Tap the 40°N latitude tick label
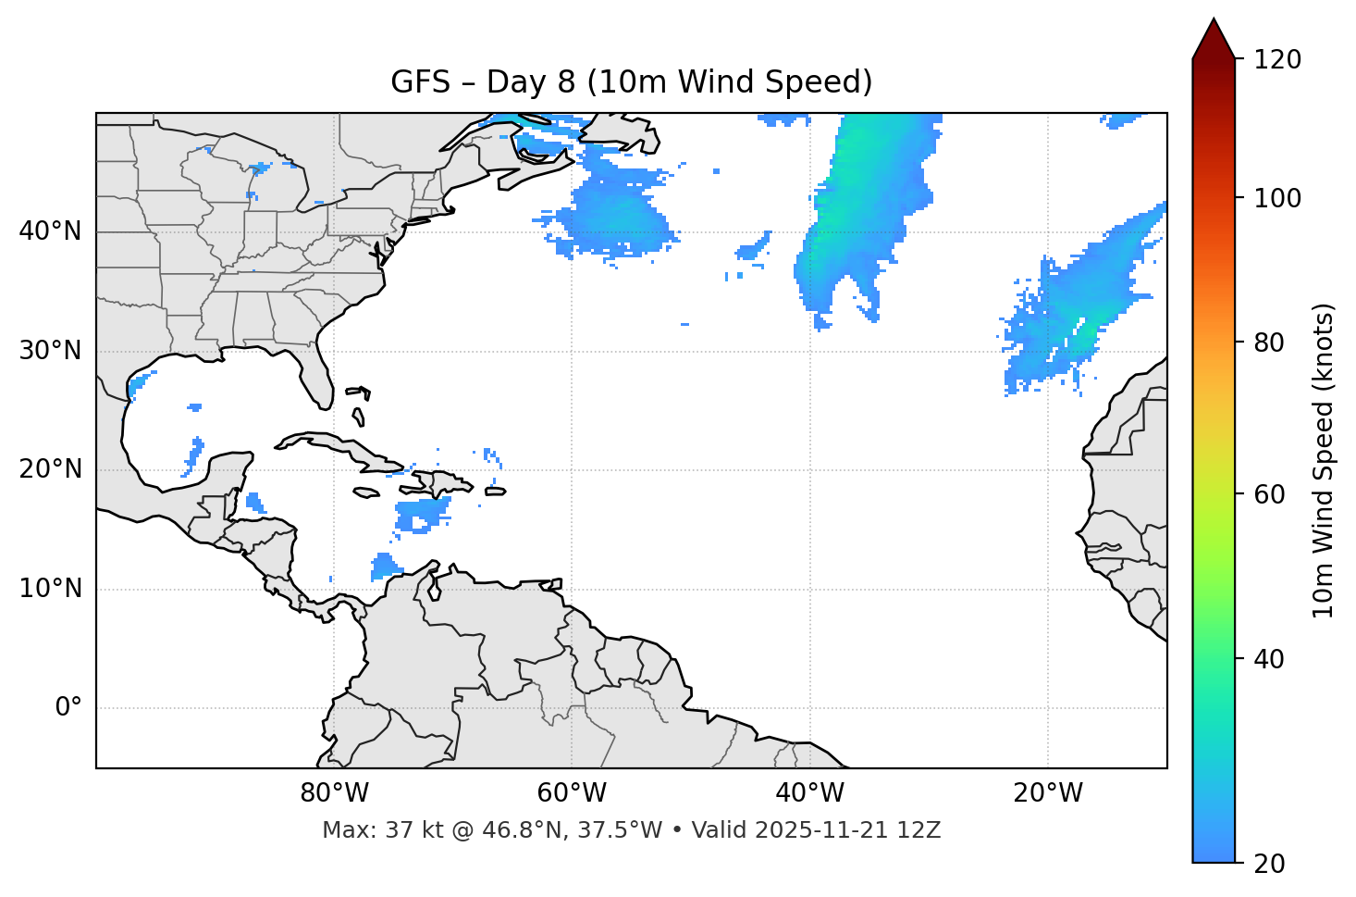click(x=50, y=231)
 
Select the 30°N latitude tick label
click(x=50, y=351)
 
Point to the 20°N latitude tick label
click(x=50, y=469)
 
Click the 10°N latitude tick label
click(x=50, y=589)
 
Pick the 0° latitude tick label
click(x=68, y=708)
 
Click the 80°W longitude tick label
click(x=334, y=793)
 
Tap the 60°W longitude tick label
click(x=572, y=793)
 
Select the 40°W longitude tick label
click(x=809, y=793)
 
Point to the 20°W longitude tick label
click(x=1047, y=793)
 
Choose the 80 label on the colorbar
click(x=1276, y=343)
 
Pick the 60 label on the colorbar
click(x=1276, y=494)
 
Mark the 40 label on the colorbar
click(x=1276, y=659)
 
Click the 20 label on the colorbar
click(x=1276, y=864)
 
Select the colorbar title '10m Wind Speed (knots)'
click(x=1324, y=461)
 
